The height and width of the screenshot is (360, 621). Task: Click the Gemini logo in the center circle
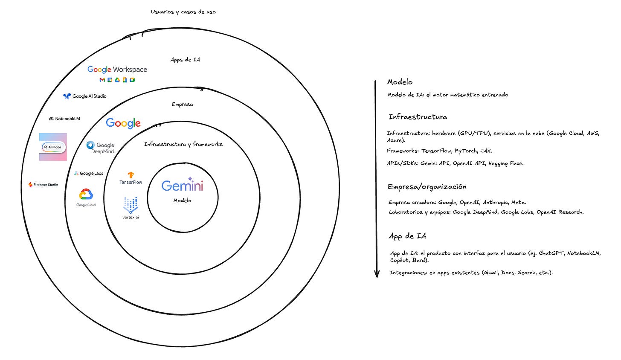[x=182, y=185]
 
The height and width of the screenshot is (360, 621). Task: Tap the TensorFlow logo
[x=131, y=178]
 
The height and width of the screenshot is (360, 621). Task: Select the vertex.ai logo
[x=131, y=208]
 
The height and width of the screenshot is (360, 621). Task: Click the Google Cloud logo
[x=86, y=197]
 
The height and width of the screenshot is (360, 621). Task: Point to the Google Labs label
[x=89, y=174]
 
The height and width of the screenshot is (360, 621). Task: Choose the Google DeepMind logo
[x=100, y=148]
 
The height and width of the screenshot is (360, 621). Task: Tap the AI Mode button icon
[x=53, y=147]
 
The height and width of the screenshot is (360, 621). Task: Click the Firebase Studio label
[x=43, y=185]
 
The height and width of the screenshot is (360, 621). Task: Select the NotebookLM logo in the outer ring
[x=64, y=119]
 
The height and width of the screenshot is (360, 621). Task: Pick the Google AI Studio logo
[x=85, y=96]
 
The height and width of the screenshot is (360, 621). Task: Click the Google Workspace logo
[x=117, y=73]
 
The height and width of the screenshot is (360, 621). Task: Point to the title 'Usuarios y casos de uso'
[x=183, y=12]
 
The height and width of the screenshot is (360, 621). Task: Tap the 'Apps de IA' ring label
[x=185, y=60]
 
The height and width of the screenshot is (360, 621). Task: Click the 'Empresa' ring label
[x=182, y=104]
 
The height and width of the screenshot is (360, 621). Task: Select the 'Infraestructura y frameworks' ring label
[x=183, y=144]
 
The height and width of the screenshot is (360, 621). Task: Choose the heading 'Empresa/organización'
[x=427, y=187]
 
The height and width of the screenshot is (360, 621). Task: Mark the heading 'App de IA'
[x=407, y=236]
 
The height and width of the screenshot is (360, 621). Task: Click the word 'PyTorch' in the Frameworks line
[x=466, y=151]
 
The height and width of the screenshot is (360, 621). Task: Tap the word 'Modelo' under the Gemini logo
[x=182, y=200]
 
